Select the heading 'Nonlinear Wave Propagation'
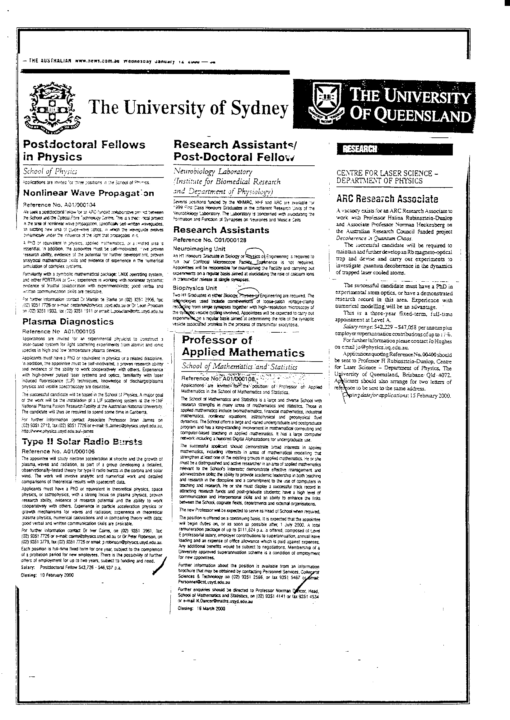pyautogui.click(x=89, y=193)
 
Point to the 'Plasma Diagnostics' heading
pyautogui.click(x=68, y=322)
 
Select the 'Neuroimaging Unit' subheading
pyautogui.click(x=199, y=249)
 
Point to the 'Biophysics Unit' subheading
pyautogui.click(x=195, y=288)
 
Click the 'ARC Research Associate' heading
pyautogui.click(x=387, y=199)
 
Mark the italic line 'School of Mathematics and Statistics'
pyautogui.click(x=240, y=367)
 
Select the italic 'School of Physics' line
pyautogui.click(x=50, y=171)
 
